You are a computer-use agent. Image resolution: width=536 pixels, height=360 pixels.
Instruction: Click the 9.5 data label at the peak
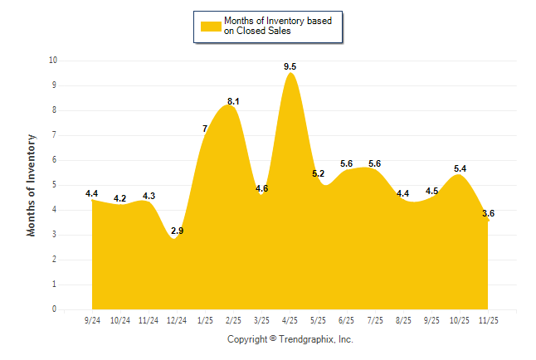[x=290, y=65]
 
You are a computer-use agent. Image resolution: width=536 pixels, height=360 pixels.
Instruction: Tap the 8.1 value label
[x=233, y=101]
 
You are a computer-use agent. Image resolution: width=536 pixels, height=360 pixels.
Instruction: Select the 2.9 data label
[x=177, y=231]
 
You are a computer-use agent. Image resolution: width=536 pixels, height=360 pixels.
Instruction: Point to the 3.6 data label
[x=489, y=213]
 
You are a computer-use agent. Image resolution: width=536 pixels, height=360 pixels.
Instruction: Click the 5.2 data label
[x=319, y=173]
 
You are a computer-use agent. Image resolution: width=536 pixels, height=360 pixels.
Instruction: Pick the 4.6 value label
[x=262, y=188]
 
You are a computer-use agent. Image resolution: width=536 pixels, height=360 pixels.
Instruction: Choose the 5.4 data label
[x=460, y=168]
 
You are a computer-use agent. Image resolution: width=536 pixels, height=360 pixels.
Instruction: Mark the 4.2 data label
[x=120, y=198]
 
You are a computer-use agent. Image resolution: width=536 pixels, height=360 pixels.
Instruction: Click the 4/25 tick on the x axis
[x=290, y=319]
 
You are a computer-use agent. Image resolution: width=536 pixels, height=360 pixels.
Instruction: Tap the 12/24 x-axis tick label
[x=177, y=319]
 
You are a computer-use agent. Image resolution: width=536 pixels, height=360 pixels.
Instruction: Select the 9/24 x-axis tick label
[x=92, y=319]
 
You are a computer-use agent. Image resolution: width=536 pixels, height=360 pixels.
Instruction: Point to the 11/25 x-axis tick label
[x=489, y=319]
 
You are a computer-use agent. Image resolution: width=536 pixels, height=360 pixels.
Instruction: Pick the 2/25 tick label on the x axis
[x=233, y=319]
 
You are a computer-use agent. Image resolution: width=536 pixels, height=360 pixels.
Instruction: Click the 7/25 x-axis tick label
[x=375, y=319]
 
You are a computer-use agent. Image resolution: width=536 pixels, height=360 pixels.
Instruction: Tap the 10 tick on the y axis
[x=53, y=61]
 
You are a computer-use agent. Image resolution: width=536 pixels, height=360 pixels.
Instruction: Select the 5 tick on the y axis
[x=55, y=185]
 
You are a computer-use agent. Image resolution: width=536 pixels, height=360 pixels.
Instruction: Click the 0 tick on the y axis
[x=55, y=309]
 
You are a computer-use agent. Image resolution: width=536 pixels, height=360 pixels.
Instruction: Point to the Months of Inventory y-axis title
[x=32, y=185]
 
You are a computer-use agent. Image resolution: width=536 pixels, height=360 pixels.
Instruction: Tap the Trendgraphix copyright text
[x=290, y=339]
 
